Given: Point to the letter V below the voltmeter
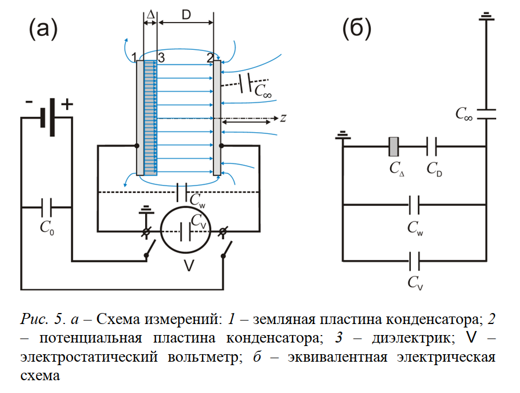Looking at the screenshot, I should tap(189, 266).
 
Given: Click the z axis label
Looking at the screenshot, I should tap(283, 118).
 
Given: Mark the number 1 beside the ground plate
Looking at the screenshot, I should tap(134, 57).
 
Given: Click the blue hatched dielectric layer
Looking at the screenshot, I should tap(150, 116).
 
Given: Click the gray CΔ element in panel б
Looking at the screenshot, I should tap(393, 147).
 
